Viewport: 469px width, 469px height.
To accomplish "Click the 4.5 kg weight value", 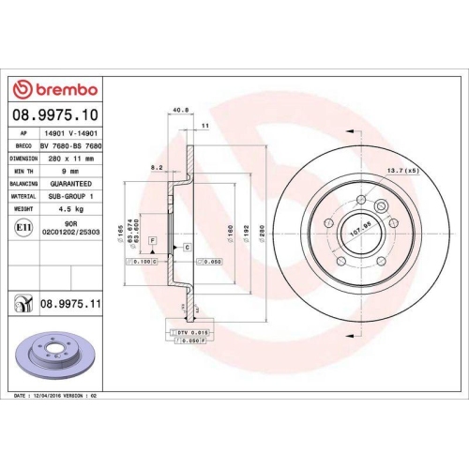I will [60, 208].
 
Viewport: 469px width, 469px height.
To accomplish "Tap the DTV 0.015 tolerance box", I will [188, 333].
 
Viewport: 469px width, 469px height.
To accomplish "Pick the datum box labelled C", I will [188, 247].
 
